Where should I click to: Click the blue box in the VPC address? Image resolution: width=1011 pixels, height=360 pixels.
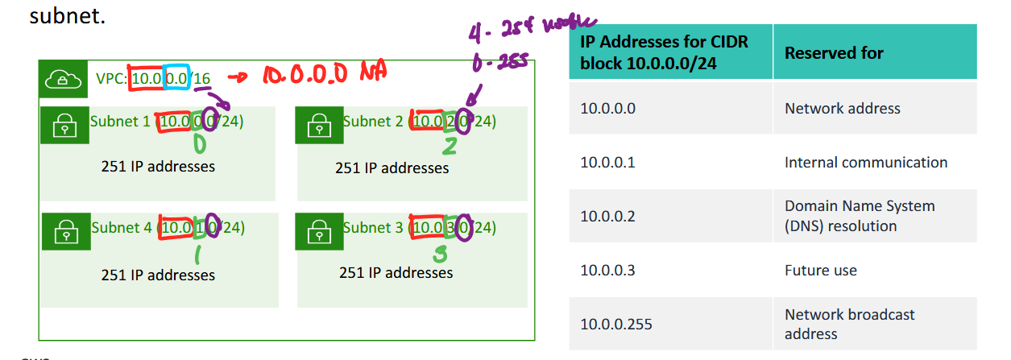(x=177, y=78)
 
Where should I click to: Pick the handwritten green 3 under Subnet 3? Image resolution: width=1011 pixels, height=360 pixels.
(x=439, y=254)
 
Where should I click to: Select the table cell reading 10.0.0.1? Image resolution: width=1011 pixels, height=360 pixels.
(x=607, y=163)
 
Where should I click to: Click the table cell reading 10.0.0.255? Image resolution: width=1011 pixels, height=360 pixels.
(x=615, y=325)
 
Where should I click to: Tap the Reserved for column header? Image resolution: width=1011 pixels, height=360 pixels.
(x=834, y=53)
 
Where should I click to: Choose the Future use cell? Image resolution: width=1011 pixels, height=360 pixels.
(x=820, y=271)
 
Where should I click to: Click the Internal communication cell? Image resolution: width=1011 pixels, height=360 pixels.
(x=866, y=163)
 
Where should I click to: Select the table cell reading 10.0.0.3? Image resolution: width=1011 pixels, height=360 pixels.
(x=607, y=271)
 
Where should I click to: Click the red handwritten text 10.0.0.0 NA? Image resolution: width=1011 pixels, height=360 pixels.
(x=322, y=75)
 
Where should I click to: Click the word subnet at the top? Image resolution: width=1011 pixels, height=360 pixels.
(x=67, y=15)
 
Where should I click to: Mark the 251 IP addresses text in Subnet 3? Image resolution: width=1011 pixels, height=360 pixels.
(x=396, y=273)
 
